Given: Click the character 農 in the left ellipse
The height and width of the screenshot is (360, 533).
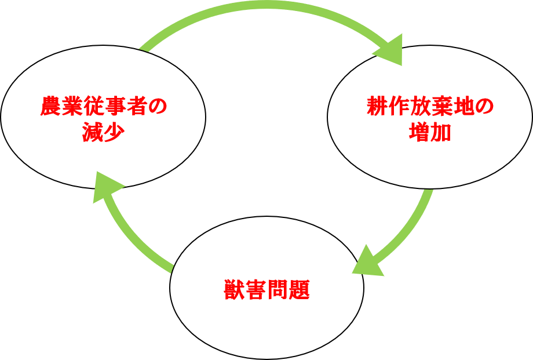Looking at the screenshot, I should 50,107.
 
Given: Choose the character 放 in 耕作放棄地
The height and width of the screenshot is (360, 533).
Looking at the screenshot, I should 419,107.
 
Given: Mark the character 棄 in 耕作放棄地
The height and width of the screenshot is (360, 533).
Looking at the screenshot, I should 441,107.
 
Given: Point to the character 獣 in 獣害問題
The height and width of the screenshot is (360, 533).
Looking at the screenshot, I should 234,289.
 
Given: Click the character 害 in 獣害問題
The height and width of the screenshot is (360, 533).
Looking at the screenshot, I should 255,289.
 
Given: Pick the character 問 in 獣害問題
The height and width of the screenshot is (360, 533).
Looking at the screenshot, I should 277,289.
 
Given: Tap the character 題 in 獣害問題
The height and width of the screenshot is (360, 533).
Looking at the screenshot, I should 299,289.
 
